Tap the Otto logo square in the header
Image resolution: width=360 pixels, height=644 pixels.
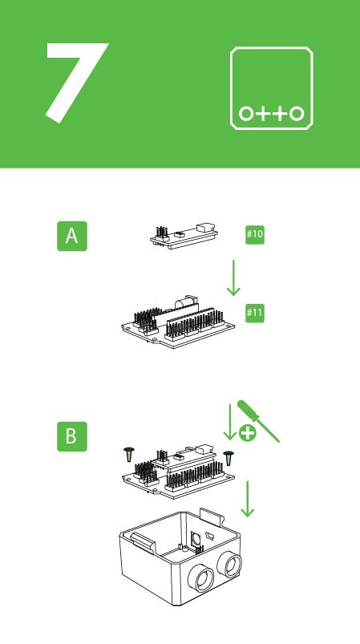pos(272,88)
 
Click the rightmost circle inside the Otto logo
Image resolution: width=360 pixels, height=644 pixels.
pos(297,113)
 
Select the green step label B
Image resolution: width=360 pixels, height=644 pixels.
pos(71,436)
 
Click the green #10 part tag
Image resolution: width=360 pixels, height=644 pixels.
pos(255,234)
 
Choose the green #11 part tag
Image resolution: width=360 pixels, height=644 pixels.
pos(255,312)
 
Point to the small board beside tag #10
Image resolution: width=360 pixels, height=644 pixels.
pos(184,234)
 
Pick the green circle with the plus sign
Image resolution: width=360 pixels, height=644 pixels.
pos(248,434)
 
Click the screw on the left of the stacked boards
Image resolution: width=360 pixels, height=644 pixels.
pos(128,455)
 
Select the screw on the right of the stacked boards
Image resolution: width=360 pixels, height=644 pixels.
pos(229,459)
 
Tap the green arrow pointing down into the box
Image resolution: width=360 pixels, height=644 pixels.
pos(248,499)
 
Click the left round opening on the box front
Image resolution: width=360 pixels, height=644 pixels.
pos(201,577)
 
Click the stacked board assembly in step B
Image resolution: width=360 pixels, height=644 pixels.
pos(178,472)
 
